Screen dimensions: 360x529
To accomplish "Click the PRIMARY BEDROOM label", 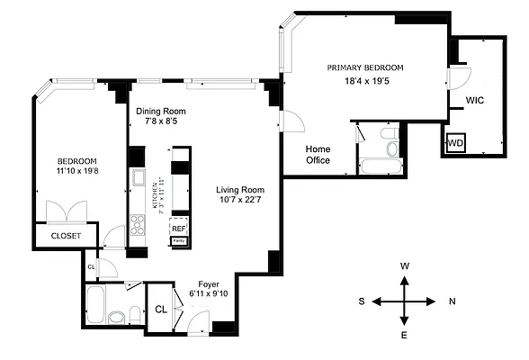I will tap(365, 67).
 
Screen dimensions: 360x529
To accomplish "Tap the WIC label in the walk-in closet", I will tap(475, 101).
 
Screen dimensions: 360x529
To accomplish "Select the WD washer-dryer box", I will tap(456, 142).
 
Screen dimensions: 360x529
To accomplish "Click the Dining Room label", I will tap(160, 112).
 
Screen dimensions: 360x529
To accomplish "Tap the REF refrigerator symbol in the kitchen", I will tap(178, 229).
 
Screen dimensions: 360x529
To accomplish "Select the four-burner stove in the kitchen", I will tap(138, 225).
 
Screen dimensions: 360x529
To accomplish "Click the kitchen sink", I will tap(138, 178).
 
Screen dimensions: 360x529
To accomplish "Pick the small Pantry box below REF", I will tap(178, 241).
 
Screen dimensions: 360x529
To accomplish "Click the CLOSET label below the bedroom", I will tap(66, 236).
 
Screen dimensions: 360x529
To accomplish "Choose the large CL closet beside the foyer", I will tap(161, 309).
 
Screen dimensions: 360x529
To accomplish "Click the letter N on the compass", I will tap(453, 301).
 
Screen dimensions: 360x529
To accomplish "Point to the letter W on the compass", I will tap(405, 266).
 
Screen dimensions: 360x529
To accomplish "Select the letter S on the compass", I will tap(361, 301).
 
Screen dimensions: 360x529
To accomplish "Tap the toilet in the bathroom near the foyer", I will tap(115, 315).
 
